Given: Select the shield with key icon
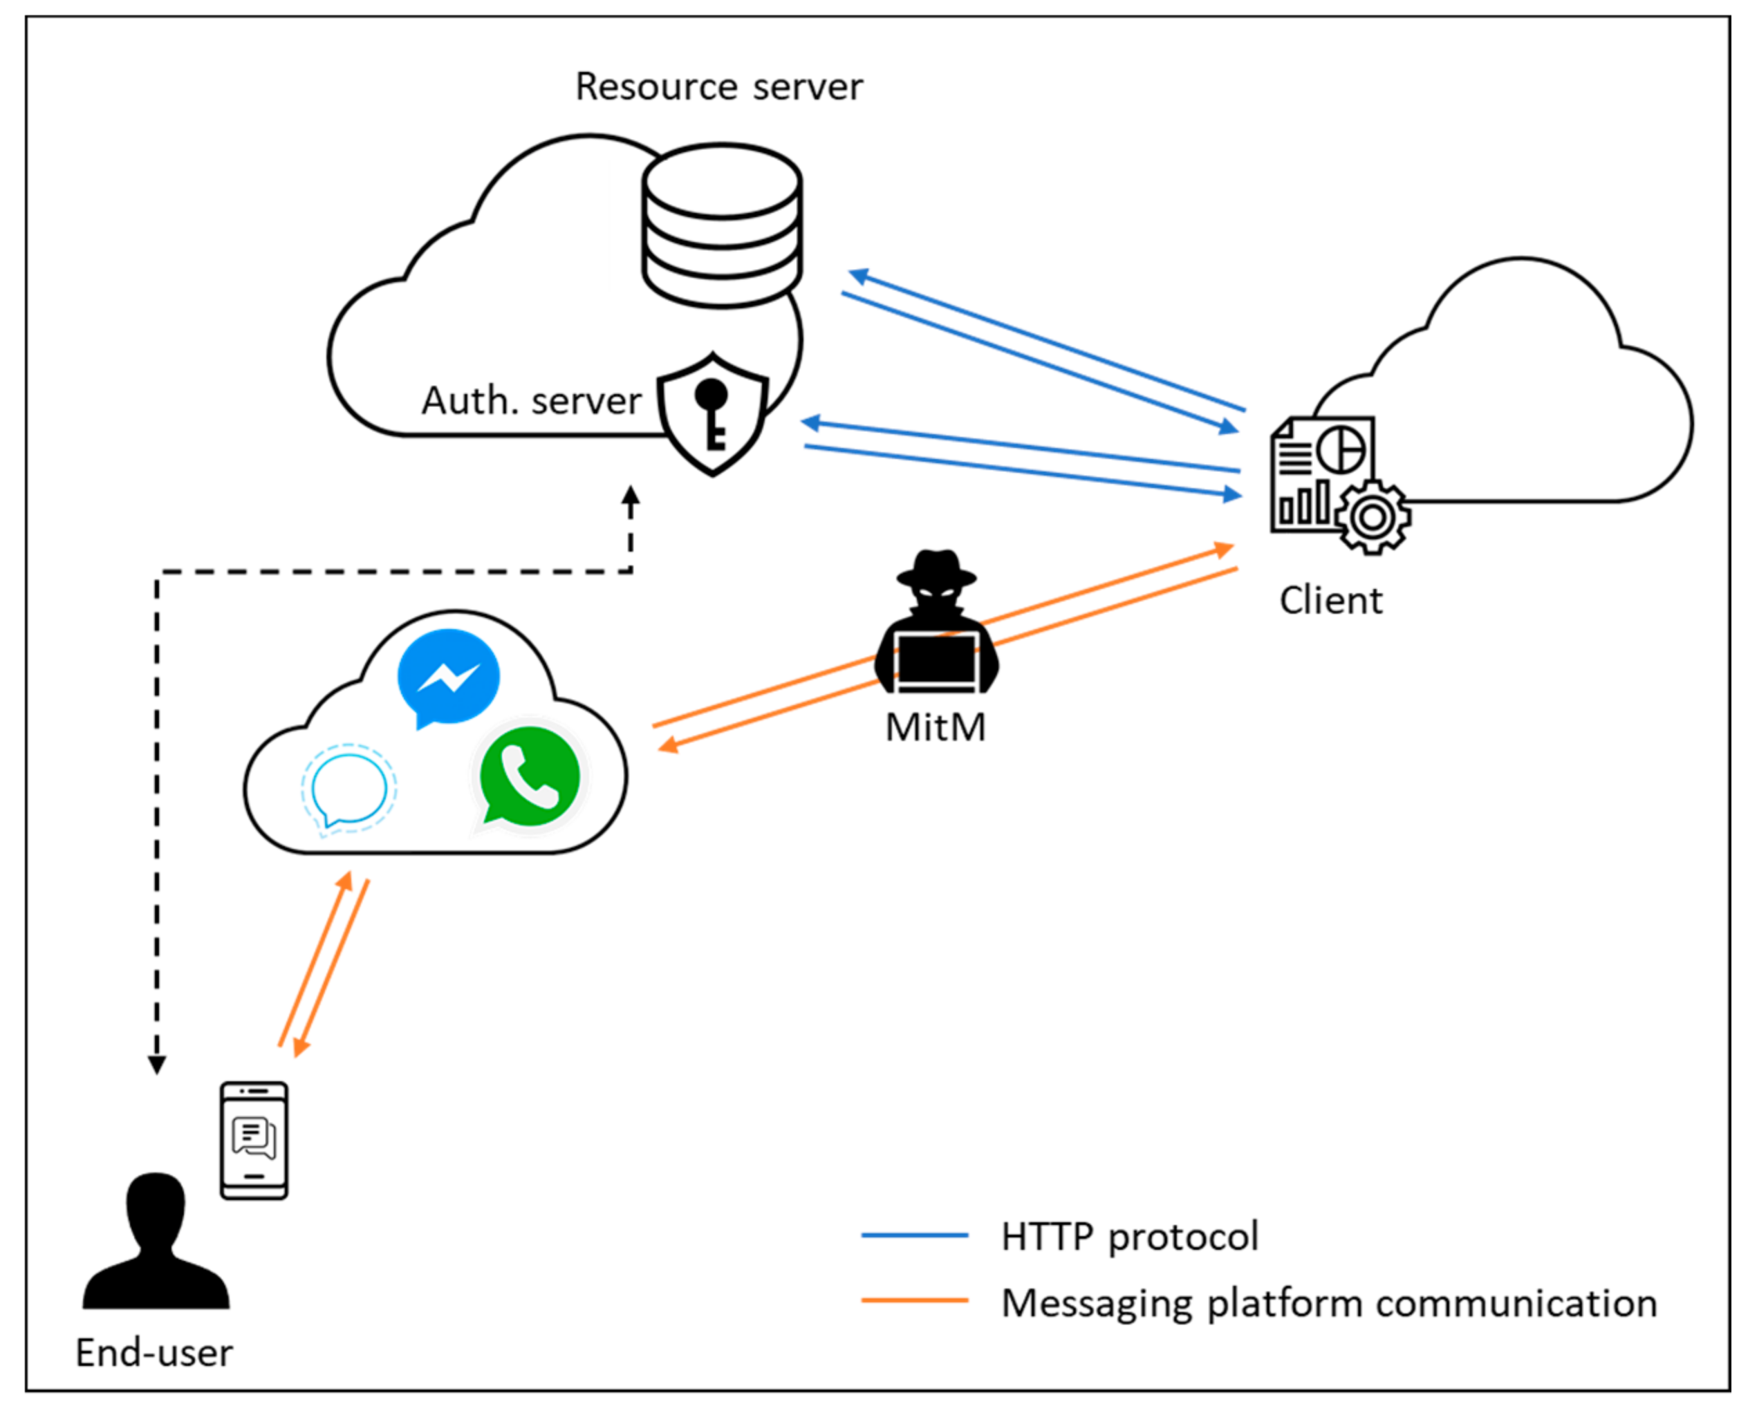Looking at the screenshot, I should pyautogui.click(x=712, y=413).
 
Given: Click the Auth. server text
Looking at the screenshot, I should pyautogui.click(x=531, y=401).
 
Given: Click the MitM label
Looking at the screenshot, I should pyautogui.click(x=935, y=727).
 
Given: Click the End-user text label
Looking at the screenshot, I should pyautogui.click(x=154, y=1353).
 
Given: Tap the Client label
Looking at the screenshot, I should pyautogui.click(x=1330, y=601).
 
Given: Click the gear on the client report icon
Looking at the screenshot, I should pyautogui.click(x=1373, y=517).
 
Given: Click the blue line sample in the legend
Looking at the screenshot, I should pyautogui.click(x=914, y=1235).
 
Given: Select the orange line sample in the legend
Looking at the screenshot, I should pyautogui.click(x=914, y=1300).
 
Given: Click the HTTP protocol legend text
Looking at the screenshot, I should pyautogui.click(x=1129, y=1236).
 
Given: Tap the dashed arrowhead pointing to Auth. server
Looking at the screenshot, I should pyautogui.click(x=630, y=496).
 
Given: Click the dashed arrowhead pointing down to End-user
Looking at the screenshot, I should pyautogui.click(x=157, y=1064).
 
